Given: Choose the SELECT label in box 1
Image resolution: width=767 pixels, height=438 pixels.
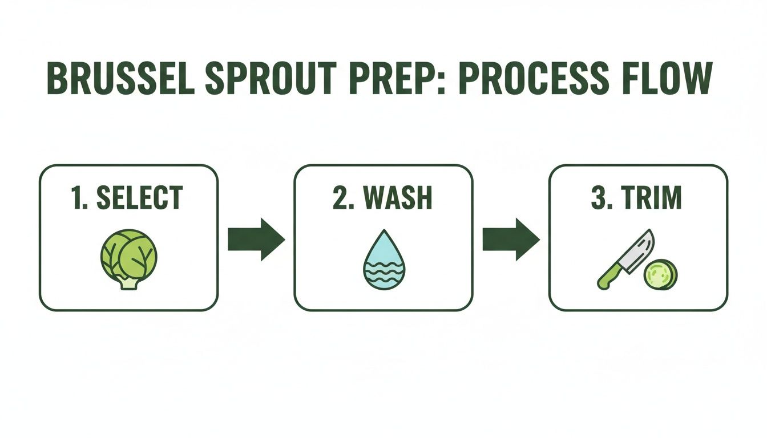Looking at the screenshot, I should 140,198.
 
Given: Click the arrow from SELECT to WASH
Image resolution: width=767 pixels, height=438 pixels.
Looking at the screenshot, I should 256,239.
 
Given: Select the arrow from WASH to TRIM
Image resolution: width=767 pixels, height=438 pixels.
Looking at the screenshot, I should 511,239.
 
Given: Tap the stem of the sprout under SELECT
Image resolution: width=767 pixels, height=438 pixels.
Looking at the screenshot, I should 129,283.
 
